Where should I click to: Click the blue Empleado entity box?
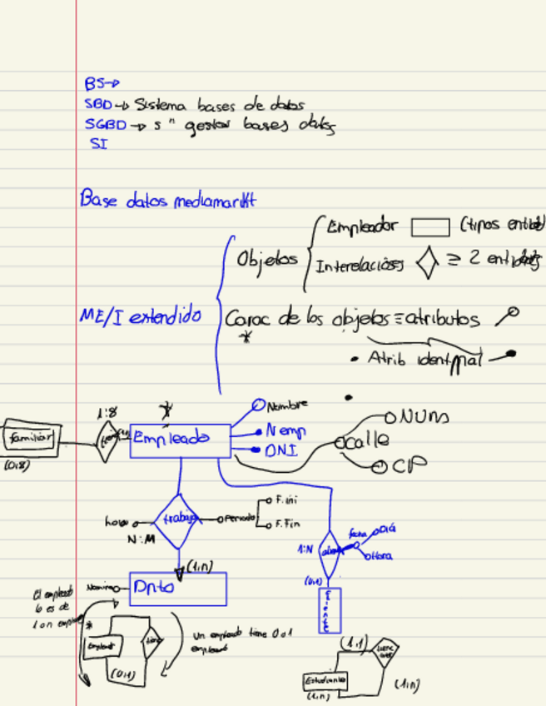coord(180,440)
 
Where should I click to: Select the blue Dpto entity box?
coord(177,588)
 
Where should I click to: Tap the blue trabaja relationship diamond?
coord(177,520)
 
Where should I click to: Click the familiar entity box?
coord(31,437)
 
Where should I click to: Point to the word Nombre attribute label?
coord(287,405)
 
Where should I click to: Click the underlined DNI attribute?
coord(280,451)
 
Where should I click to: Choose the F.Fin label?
coord(287,525)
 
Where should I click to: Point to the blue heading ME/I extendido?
coord(140,316)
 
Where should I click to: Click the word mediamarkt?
coord(214,201)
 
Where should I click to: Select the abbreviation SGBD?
coord(105,126)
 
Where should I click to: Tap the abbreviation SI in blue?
coord(99,143)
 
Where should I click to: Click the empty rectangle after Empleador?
coord(430,227)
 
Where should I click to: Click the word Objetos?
coord(267,259)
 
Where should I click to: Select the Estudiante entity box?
coord(325,681)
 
